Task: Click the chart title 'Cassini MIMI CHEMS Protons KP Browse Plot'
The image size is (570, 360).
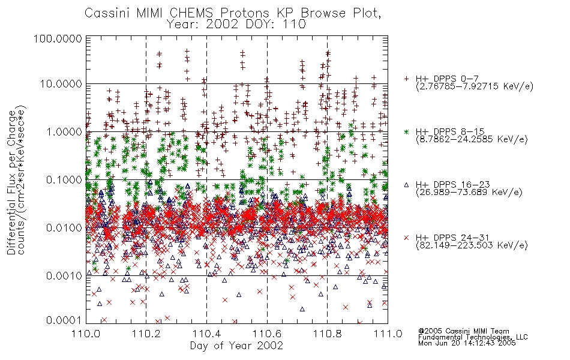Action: tap(233, 13)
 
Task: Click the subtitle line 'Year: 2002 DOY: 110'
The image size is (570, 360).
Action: tap(236, 25)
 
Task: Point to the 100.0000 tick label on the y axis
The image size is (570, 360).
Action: tap(58, 38)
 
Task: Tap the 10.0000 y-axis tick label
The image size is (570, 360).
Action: tap(61, 84)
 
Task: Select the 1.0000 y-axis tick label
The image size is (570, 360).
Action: tap(64, 131)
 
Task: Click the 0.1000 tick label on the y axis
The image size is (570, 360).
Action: tap(64, 179)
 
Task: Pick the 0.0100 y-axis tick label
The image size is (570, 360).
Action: tap(64, 228)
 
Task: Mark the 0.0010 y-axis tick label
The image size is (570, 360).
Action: tap(64, 276)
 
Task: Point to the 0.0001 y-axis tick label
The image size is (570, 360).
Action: tap(64, 320)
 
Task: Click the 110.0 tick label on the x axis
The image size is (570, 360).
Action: tap(86, 334)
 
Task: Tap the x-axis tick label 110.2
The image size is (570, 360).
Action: tap(146, 334)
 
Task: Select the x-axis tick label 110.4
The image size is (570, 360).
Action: tap(207, 334)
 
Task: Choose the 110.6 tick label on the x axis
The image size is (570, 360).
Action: tap(267, 334)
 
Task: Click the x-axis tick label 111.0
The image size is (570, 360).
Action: tap(388, 334)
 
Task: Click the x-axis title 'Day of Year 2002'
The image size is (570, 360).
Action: tap(236, 346)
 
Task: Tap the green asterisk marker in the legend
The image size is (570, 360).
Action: tap(406, 131)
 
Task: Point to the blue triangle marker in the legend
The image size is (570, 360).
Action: tap(406, 185)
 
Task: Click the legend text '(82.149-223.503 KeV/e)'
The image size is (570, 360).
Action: tap(472, 245)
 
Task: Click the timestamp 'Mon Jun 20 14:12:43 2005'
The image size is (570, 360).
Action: tap(467, 343)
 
